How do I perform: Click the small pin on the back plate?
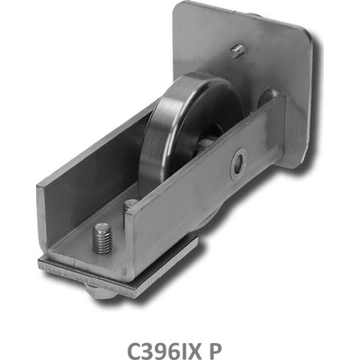click(x=238, y=50)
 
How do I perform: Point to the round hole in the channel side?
click(x=238, y=164)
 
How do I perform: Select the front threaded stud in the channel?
click(x=103, y=238)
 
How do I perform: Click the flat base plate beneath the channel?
click(x=120, y=276)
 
